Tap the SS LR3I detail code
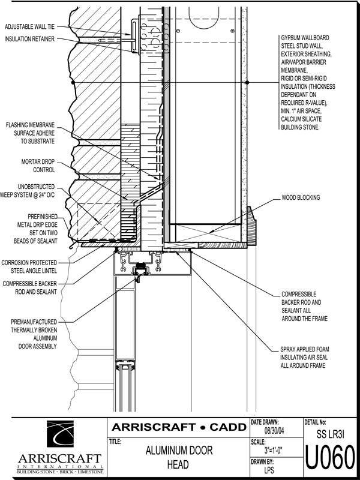(x=330, y=431)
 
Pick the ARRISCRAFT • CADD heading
(x=178, y=427)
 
